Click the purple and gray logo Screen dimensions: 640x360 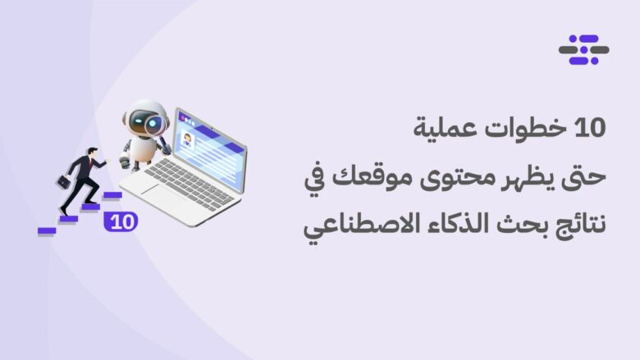[583, 50]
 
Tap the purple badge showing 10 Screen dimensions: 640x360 [121, 221]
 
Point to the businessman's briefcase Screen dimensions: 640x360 [64, 182]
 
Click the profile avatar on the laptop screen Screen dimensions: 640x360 [187, 140]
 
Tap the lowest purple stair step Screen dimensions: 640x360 [47, 230]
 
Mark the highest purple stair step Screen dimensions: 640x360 [112, 195]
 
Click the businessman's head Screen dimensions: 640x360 [93, 152]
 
